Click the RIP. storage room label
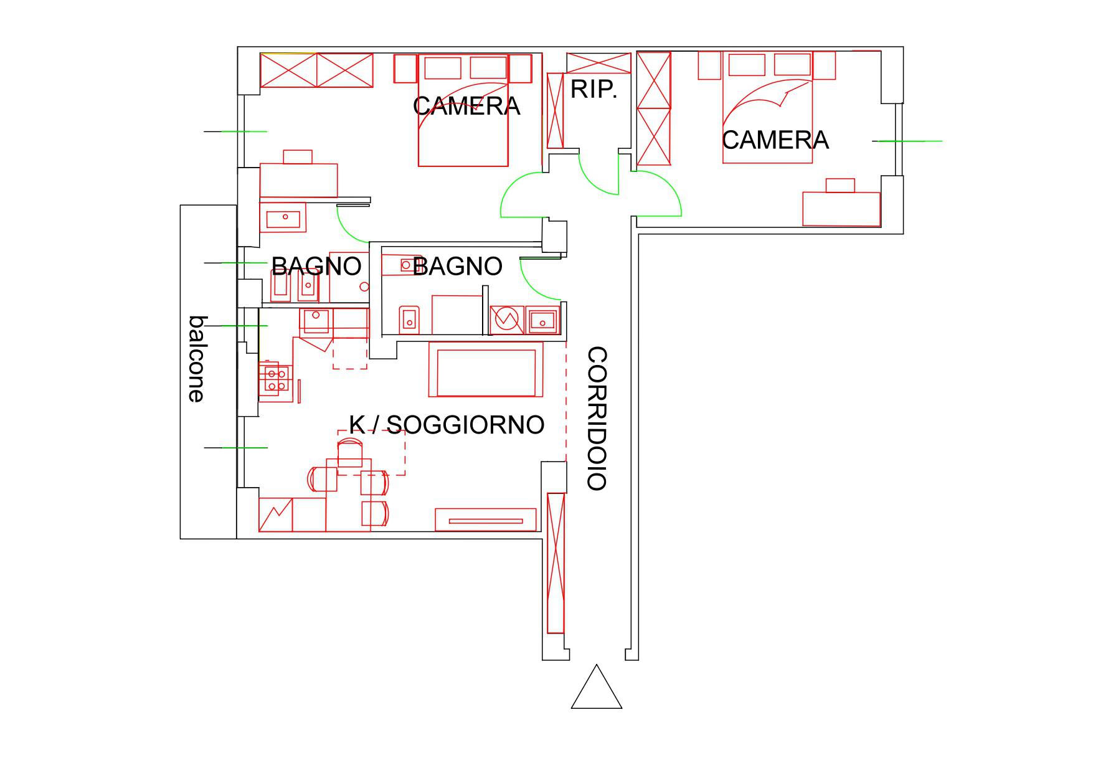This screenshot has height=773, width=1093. pyautogui.click(x=594, y=90)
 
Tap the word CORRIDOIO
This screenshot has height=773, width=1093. pyautogui.click(x=597, y=419)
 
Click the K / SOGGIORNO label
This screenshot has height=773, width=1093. pyautogui.click(x=447, y=424)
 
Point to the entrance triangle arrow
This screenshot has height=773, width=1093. pyautogui.click(x=597, y=686)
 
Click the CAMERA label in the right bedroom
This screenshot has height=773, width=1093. pyautogui.click(x=775, y=140)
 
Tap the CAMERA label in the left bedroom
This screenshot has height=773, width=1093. pyautogui.click(x=466, y=107)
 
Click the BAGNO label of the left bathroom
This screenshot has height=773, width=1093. pyautogui.click(x=316, y=267)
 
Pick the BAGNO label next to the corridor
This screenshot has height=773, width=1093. pyautogui.click(x=457, y=267)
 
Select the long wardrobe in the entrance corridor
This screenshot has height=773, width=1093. pyautogui.click(x=556, y=562)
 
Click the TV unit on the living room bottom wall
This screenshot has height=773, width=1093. pyautogui.click(x=486, y=519)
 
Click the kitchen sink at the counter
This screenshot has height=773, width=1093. pyautogui.click(x=316, y=321)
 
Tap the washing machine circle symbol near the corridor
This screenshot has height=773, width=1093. pyautogui.click(x=506, y=320)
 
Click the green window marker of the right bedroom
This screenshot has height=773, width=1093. pyautogui.click(x=910, y=141)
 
